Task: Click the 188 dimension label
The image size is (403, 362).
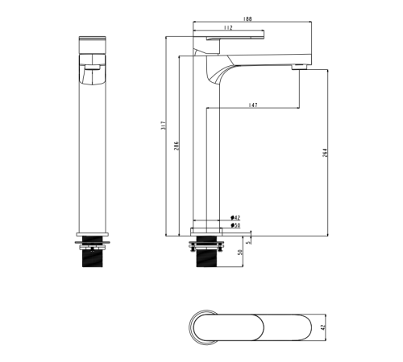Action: pos(247,19)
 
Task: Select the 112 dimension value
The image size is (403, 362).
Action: pos(228,27)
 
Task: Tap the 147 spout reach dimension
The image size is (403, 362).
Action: pos(253,105)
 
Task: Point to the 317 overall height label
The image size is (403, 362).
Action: pos(164,125)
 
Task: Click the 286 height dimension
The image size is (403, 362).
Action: pos(177,146)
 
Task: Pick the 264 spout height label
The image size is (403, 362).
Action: pos(326,153)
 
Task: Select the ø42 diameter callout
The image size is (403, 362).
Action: pos(235,217)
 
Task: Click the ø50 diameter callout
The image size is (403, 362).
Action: pos(235,225)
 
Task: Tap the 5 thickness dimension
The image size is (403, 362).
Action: pos(248,241)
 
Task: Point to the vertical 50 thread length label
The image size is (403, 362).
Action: pos(240,253)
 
